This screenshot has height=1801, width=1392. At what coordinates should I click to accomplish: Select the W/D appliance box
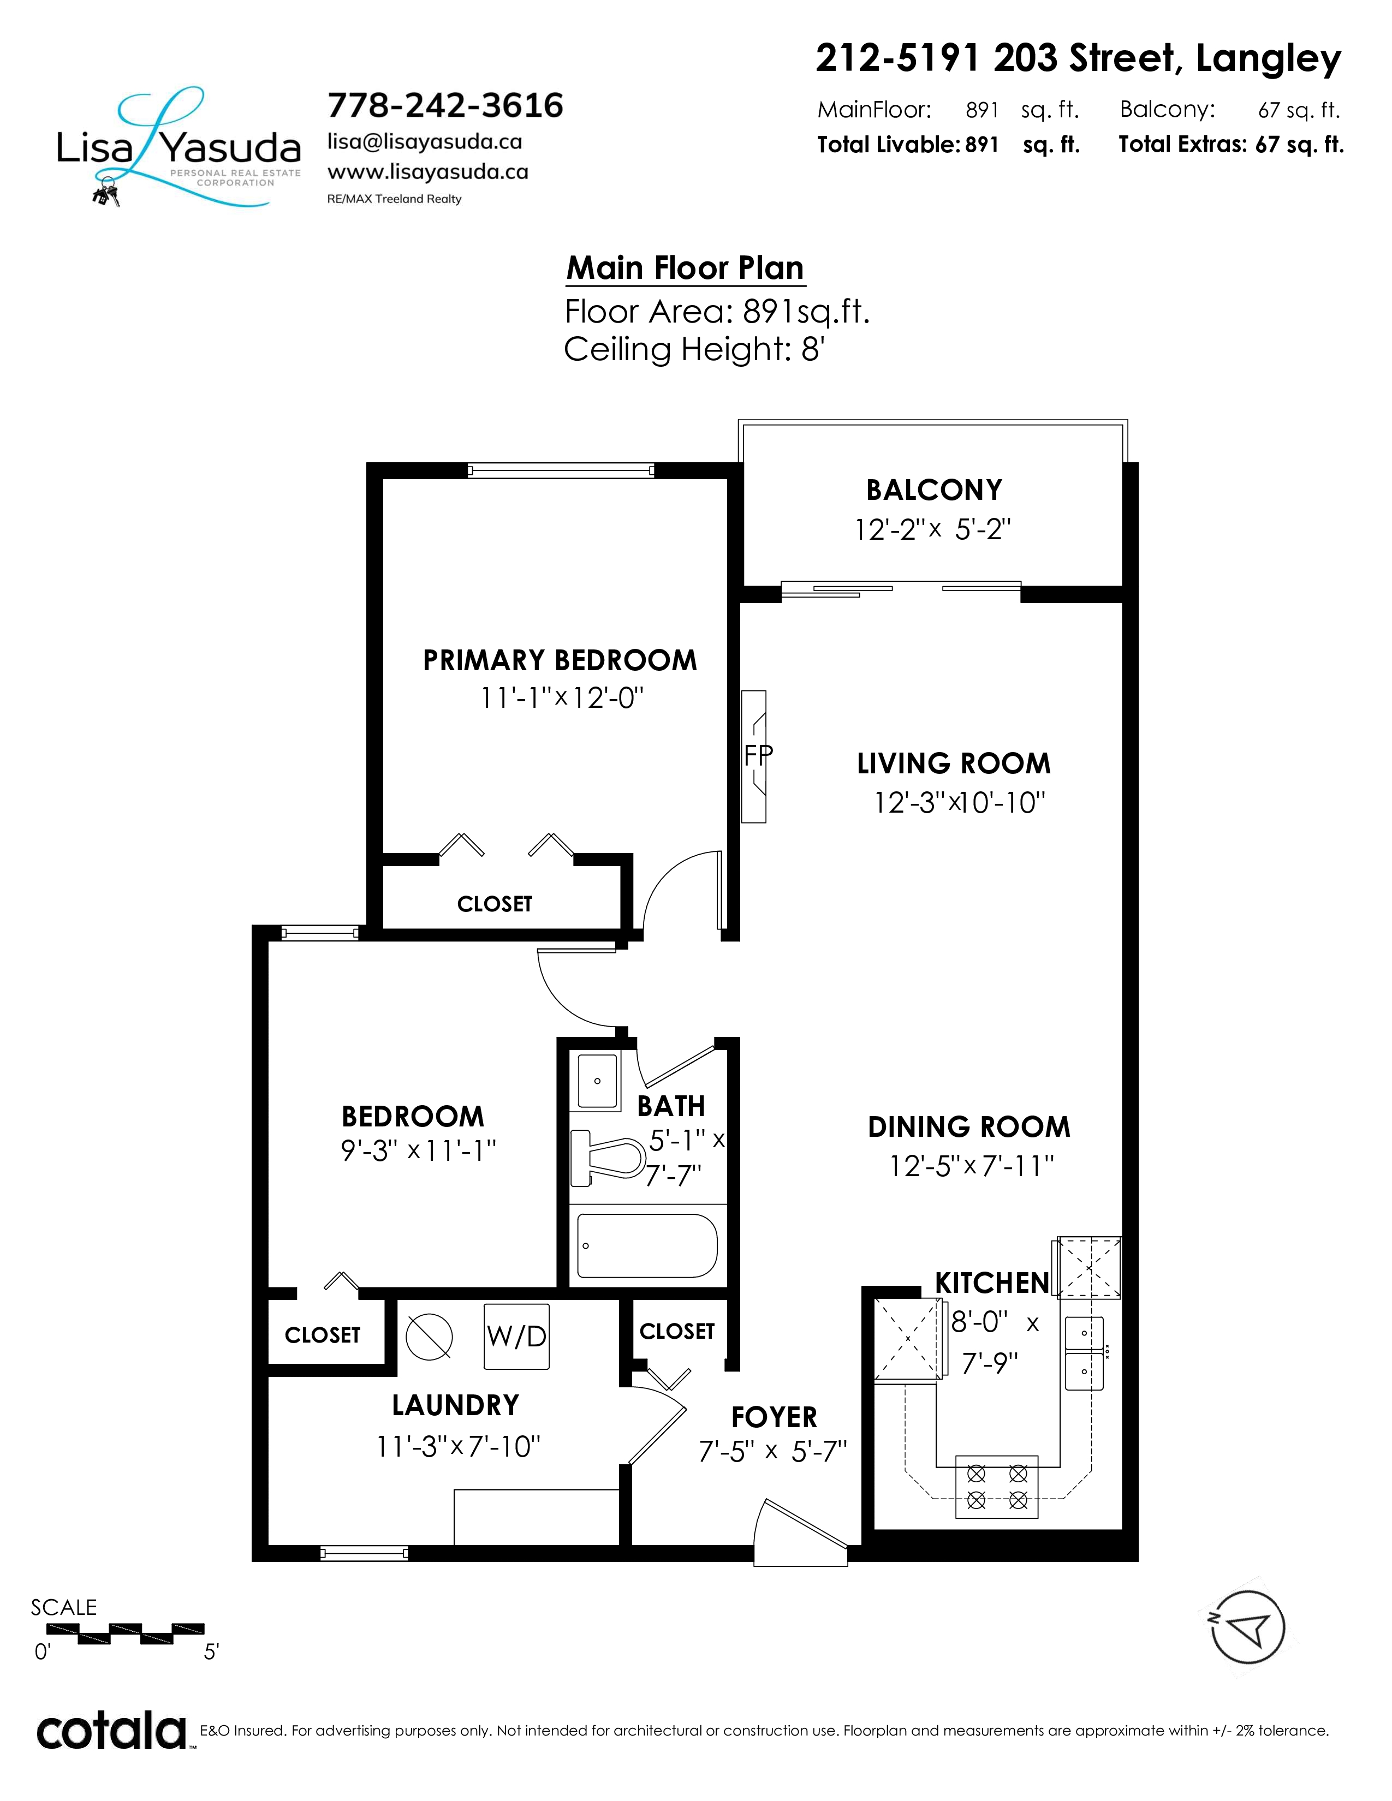pos(516,1336)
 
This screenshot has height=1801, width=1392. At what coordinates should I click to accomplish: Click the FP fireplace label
pos(758,755)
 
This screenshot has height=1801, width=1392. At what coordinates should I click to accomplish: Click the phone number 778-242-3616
pos(445,105)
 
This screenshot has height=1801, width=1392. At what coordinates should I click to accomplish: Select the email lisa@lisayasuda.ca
pos(425,142)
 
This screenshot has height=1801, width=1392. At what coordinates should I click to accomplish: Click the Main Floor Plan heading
pos(685,268)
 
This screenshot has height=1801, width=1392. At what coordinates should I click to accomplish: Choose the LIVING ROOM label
pos(954,764)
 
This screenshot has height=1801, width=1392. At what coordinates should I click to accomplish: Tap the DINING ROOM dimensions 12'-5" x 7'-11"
pos(972,1166)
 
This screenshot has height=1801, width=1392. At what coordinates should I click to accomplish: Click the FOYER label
pos(775,1417)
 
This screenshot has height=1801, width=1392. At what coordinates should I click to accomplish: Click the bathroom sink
pos(598,1081)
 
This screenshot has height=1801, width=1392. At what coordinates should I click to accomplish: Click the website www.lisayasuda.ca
pos(428,171)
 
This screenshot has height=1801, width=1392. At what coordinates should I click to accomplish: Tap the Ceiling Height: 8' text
pos(694,350)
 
